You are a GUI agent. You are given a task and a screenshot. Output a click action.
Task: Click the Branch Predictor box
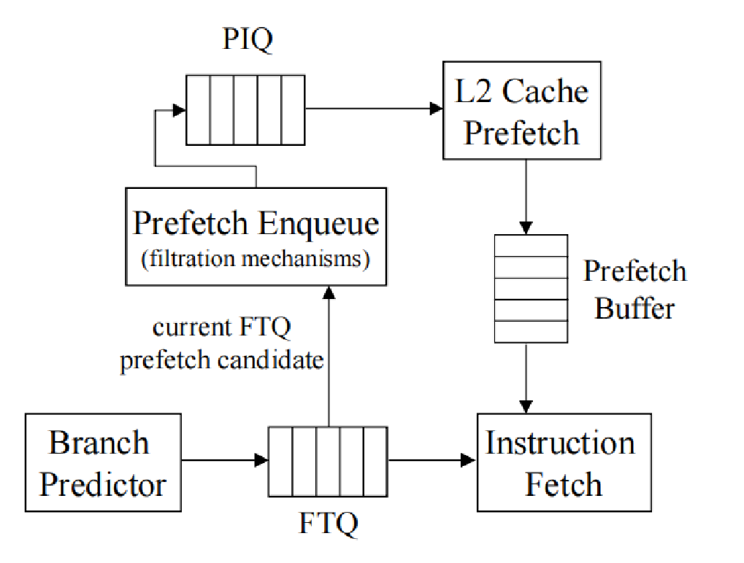pos(103,463)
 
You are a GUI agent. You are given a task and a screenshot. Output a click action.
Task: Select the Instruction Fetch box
pos(564,463)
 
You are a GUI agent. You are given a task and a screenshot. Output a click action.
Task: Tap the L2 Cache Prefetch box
pos(522,112)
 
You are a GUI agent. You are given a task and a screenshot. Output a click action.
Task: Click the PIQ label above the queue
pos(248,41)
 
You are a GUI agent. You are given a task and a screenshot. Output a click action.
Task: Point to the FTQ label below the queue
pos(329,523)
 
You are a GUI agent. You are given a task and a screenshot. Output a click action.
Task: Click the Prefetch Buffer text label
pos(634,290)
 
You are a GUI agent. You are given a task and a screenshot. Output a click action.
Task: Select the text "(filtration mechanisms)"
pos(255,259)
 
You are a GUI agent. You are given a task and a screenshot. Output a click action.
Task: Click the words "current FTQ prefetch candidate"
pos(222,343)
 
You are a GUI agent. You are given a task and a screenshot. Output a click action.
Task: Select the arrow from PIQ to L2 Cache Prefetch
pos(373,109)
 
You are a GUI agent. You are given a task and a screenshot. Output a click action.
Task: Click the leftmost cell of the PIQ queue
pos(198,109)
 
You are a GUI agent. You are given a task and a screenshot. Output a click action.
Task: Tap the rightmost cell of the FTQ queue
pos(375,462)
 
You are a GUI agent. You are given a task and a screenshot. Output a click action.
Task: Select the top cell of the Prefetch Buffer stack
pos(531,246)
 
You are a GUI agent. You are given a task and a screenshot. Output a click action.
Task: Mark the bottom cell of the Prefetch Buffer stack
pos(531,332)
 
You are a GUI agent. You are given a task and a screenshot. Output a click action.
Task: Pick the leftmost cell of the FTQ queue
pos(280,462)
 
